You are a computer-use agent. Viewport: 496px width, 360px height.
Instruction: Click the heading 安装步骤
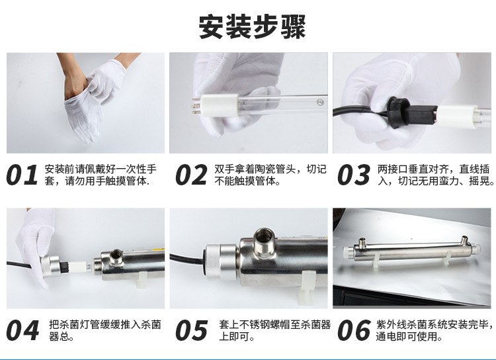[252, 26]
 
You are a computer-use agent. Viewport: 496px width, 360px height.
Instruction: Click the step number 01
[22, 175]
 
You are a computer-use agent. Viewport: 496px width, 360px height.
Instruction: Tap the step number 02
[192, 175]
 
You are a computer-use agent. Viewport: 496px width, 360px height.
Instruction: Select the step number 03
[353, 175]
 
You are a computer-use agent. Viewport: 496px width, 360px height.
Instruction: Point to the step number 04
[22, 330]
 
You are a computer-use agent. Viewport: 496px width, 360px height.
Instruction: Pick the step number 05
[192, 330]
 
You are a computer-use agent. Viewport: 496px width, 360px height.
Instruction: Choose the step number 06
[354, 330]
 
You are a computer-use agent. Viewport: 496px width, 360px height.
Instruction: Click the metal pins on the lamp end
[197, 103]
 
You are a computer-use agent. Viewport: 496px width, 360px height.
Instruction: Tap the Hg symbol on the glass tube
[320, 103]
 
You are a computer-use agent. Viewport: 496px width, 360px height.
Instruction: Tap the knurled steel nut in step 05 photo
[222, 261]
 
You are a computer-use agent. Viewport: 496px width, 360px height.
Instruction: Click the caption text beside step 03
[436, 175]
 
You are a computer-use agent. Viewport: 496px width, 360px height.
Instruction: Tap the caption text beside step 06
[434, 330]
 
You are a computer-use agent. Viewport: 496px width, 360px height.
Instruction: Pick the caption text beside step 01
[101, 175]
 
